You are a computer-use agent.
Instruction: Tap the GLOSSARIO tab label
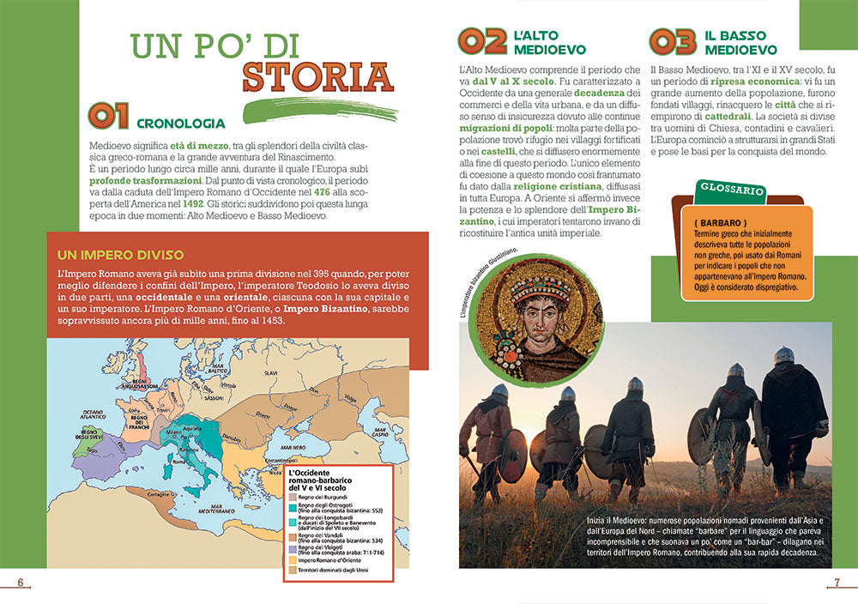(x=722, y=188)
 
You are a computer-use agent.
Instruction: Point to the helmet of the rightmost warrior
(x=783, y=354)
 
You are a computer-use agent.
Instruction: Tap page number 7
(x=837, y=583)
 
